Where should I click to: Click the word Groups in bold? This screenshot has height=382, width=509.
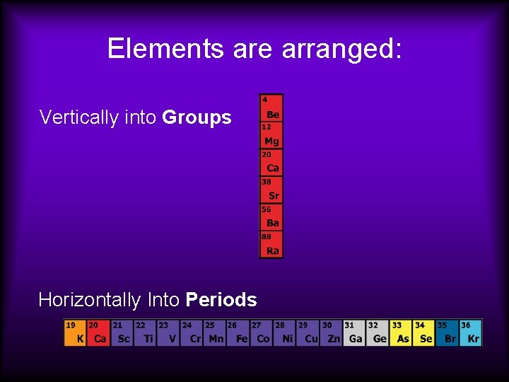click(x=197, y=117)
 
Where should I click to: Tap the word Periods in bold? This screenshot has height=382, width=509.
click(x=221, y=300)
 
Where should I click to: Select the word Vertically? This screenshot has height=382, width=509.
click(x=78, y=117)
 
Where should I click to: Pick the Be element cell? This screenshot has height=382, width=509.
click(x=271, y=108)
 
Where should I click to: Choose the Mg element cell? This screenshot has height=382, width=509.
click(x=271, y=136)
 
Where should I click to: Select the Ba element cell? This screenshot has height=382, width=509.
click(x=271, y=218)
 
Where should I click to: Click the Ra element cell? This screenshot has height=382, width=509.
click(x=271, y=245)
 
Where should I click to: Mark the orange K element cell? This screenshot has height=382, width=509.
click(x=76, y=333)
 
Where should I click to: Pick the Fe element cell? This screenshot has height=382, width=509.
click(x=239, y=333)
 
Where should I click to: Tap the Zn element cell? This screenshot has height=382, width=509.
click(x=331, y=333)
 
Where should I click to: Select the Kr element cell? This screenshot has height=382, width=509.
click(x=471, y=333)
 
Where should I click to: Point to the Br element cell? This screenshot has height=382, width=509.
click(x=447, y=333)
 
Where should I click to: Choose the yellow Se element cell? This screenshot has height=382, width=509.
click(x=424, y=333)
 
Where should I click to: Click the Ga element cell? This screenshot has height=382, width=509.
click(x=354, y=333)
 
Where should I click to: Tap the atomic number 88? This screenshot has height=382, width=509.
click(x=267, y=236)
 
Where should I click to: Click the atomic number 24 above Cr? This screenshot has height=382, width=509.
click(x=187, y=325)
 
